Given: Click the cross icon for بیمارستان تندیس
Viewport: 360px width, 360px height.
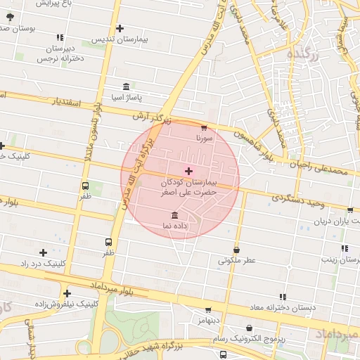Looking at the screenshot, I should coord(120,29).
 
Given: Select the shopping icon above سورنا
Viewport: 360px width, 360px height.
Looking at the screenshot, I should coord(204,128).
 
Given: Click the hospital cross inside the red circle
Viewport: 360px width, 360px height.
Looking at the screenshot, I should coord(188,171).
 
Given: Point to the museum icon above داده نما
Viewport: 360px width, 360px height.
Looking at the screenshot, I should coord(174,214).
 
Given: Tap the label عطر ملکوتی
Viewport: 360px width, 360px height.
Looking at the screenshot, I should coord(236,260).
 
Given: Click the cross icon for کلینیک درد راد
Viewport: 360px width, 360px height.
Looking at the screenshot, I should coord(44,252).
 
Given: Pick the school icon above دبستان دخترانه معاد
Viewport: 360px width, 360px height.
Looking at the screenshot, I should coord(283,297).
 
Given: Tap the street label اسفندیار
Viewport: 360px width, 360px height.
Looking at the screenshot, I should coord(67,103).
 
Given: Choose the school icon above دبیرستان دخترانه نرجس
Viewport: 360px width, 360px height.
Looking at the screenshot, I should coord(60,37).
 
